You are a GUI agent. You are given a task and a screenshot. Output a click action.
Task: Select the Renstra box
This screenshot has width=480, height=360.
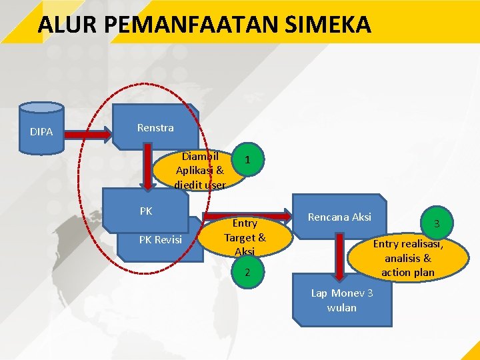155,127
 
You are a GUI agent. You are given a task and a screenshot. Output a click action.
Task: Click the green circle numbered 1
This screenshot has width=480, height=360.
247,159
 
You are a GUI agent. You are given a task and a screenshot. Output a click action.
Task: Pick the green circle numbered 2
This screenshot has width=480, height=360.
247,272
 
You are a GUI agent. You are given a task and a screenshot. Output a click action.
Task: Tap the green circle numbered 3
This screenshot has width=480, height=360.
437,223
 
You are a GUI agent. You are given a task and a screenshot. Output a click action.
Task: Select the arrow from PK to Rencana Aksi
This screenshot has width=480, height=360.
247,215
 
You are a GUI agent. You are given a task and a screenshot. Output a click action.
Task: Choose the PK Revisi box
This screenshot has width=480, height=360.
160,239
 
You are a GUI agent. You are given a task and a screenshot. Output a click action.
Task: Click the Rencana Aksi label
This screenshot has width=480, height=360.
339,217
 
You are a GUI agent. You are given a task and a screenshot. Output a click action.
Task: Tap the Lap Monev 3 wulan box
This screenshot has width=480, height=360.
342,301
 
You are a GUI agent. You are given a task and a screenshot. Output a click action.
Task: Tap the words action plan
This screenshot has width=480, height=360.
408,272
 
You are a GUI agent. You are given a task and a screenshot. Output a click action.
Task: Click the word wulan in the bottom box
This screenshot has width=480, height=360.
342,308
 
